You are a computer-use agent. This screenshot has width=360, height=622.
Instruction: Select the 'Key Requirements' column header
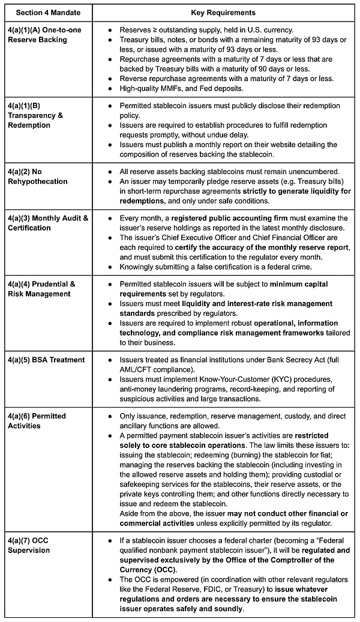pos(223,13)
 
